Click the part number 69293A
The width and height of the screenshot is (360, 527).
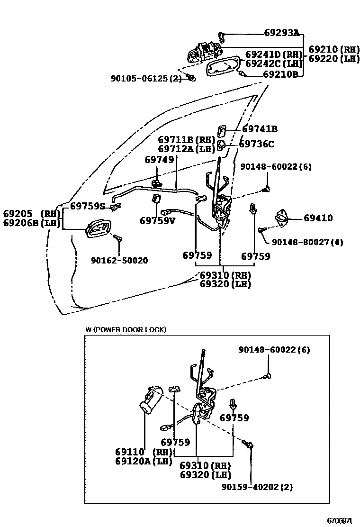tap(281, 33)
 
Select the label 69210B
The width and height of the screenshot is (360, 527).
tap(280, 74)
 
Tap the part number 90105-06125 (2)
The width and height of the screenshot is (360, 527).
tap(146, 79)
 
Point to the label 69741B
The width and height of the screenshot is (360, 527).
tap(260, 129)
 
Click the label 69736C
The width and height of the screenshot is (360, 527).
tap(256, 144)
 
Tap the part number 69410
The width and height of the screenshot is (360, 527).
tap(318, 218)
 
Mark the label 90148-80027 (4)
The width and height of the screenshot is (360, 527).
tap(307, 242)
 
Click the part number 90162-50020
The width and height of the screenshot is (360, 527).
tap(119, 260)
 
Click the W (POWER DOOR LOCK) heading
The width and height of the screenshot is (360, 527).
tap(126, 330)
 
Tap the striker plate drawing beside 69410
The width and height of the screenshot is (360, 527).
tap(282, 218)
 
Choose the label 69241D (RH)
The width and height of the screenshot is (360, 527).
tap(274, 55)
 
